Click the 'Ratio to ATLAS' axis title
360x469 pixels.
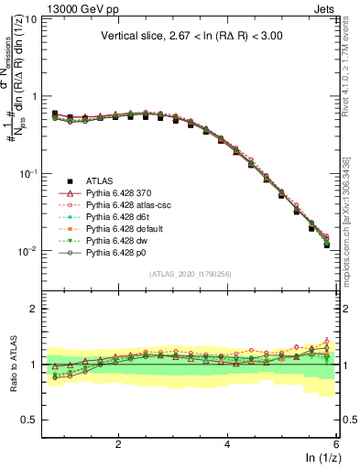[x=12, y=365]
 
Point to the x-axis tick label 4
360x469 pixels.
[x=227, y=443]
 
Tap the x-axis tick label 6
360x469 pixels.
[x=336, y=443]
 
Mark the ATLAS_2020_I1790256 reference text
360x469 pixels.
[x=191, y=272]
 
